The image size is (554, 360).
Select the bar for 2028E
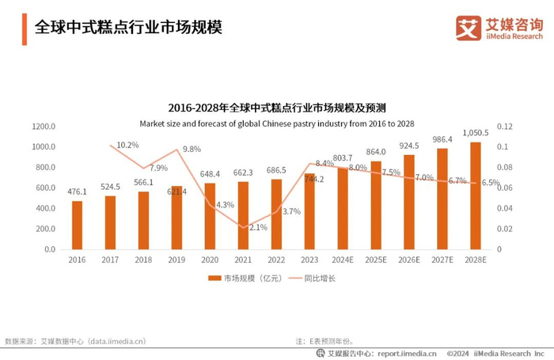[475, 195]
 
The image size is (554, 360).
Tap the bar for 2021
[243, 215]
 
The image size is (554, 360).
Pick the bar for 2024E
[343, 208]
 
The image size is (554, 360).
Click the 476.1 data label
[77, 191]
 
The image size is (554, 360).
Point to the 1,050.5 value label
[476, 133]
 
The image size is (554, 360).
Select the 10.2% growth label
[127, 145]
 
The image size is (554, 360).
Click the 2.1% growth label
[257, 227]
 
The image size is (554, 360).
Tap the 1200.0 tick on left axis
[43, 127]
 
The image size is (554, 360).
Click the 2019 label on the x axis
[176, 260]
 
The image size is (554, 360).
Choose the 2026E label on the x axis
[409, 260]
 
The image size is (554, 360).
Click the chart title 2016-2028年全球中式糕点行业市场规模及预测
[276, 107]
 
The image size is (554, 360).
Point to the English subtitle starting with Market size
[276, 123]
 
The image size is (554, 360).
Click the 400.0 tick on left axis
[44, 208]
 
